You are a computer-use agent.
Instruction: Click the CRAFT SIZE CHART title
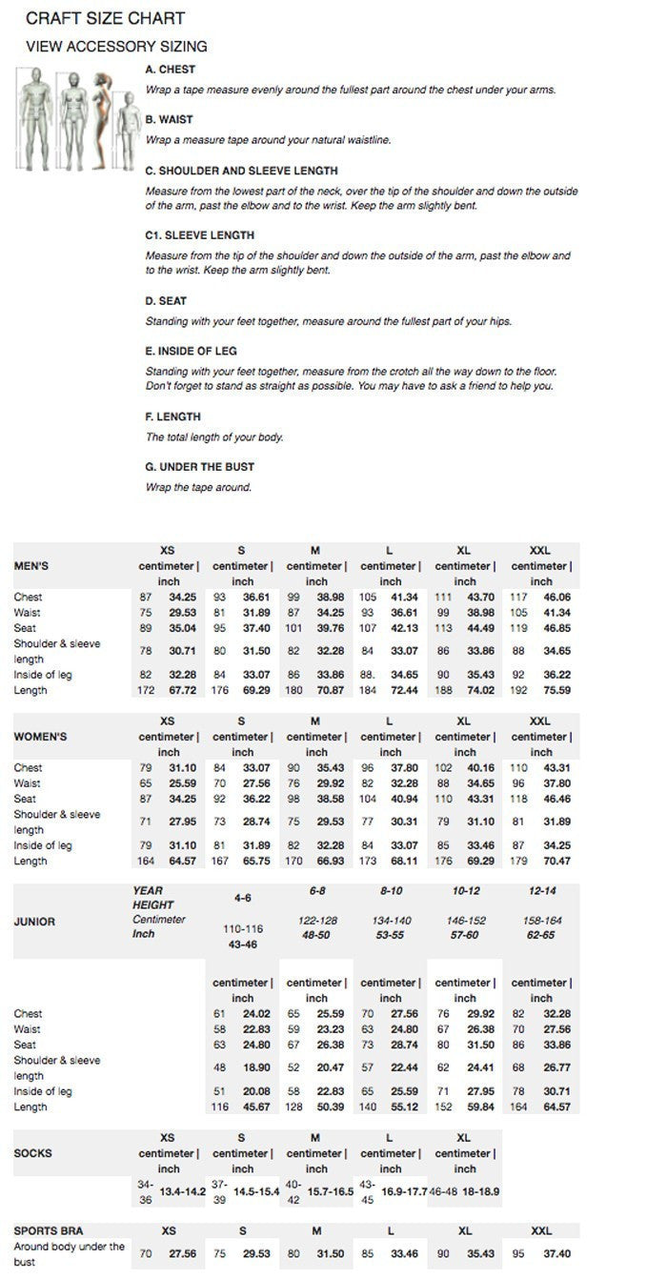coord(105,18)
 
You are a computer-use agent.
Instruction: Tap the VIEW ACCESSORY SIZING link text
coord(116,46)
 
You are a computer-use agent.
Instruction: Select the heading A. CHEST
coord(170,70)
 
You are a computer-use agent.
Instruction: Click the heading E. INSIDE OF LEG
coord(191,351)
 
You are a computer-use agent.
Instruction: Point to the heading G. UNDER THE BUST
coord(199,467)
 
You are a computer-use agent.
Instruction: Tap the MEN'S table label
coord(31,565)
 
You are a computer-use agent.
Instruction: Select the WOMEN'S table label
coord(40,737)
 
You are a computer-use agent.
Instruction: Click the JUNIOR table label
coord(34,922)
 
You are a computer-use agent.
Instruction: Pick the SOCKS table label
coord(32,1153)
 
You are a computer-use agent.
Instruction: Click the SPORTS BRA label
coord(49,1230)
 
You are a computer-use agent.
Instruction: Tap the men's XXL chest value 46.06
coord(556,598)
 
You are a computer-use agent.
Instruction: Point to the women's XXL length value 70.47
coord(556,861)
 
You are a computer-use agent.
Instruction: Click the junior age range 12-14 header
coord(540,890)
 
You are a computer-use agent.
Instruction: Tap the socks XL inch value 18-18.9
coord(480,1191)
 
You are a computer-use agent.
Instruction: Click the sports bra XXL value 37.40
coord(556,1254)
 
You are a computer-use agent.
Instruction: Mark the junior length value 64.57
coord(556,1106)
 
